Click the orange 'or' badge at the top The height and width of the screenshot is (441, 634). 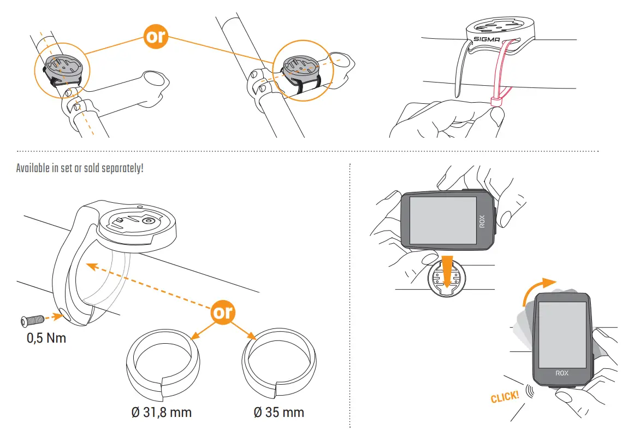(x=155, y=37)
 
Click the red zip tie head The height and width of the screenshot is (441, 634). (x=496, y=101)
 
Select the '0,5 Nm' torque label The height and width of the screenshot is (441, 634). (x=46, y=338)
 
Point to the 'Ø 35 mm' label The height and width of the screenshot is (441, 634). (x=279, y=411)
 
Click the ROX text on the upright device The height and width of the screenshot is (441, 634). (x=562, y=373)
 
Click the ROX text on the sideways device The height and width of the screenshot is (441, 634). (x=482, y=221)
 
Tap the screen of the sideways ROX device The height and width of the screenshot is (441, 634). (x=442, y=220)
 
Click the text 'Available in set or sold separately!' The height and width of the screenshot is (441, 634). (x=80, y=168)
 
